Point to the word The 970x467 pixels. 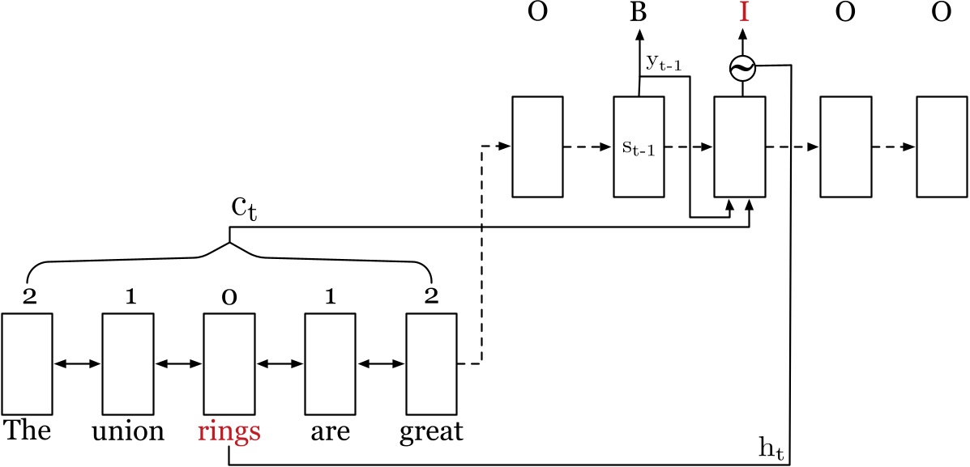27,431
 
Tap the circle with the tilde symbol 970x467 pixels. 741,70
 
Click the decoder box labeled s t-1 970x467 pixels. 639,146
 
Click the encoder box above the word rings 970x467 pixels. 228,364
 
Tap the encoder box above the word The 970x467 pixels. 27,364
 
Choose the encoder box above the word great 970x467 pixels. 430,364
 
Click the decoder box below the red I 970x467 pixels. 739,146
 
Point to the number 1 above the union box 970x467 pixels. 128,297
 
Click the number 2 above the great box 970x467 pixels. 430,296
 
